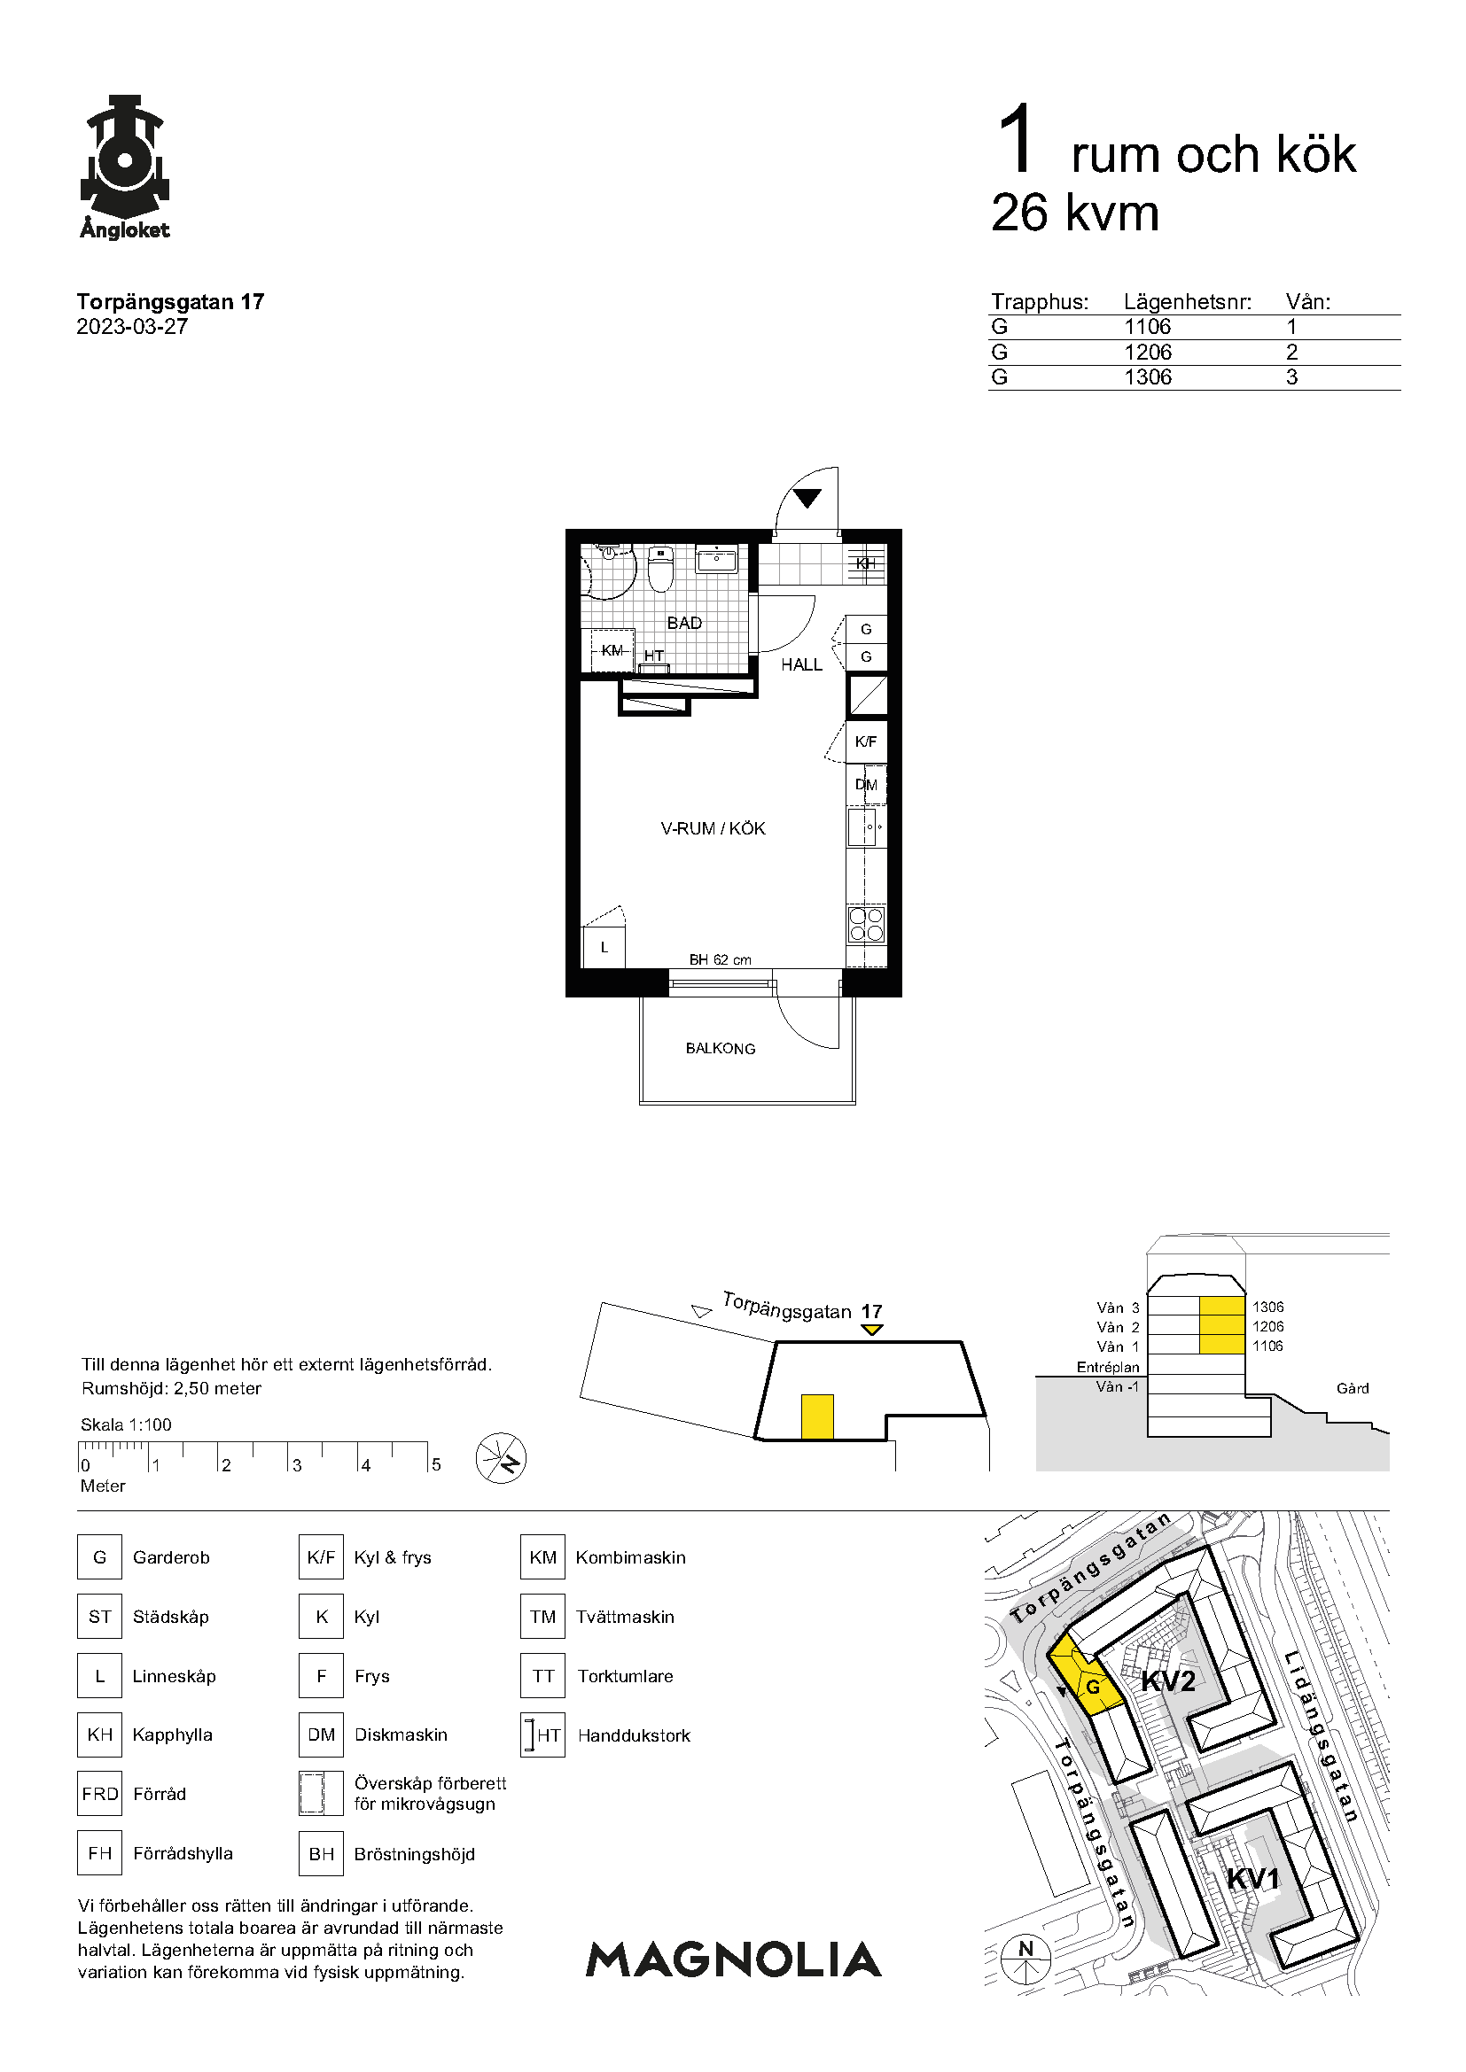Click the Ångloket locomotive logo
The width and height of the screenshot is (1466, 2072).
pyautogui.click(x=125, y=167)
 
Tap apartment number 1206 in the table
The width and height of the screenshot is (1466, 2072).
pyautogui.click(x=1147, y=352)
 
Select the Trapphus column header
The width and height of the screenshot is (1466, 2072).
pyautogui.click(x=1040, y=301)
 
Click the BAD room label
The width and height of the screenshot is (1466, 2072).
pyautogui.click(x=684, y=623)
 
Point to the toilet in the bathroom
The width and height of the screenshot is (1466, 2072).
pyautogui.click(x=661, y=569)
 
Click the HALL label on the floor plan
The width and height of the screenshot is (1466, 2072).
pyautogui.click(x=801, y=664)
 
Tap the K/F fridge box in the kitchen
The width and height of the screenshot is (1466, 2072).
pyautogui.click(x=866, y=741)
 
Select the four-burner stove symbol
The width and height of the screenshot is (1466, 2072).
pyautogui.click(x=867, y=924)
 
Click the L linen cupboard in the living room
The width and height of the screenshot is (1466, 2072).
pyautogui.click(x=604, y=948)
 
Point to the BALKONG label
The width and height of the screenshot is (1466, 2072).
pyautogui.click(x=721, y=1049)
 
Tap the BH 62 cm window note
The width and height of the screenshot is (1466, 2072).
pyautogui.click(x=721, y=959)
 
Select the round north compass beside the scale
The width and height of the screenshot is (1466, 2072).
pyautogui.click(x=501, y=1458)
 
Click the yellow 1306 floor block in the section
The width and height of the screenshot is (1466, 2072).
pyautogui.click(x=1222, y=1307)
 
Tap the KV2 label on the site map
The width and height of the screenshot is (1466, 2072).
pyautogui.click(x=1168, y=1680)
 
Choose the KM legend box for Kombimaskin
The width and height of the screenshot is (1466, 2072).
pyautogui.click(x=542, y=1556)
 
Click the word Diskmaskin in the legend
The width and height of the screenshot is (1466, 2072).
pyautogui.click(x=401, y=1734)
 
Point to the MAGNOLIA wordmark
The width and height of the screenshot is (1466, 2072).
pyautogui.click(x=734, y=1959)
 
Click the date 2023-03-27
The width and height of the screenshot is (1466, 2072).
pyautogui.click(x=132, y=327)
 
